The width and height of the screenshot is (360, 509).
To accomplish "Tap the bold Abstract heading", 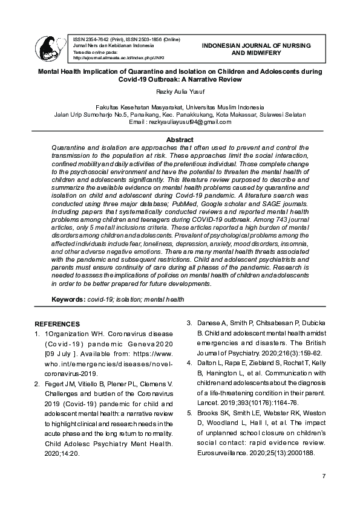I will [x=179, y=140].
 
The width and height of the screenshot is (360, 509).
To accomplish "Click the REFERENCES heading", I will [x=57, y=324].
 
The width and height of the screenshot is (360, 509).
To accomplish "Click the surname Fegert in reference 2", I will [x=54, y=384].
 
